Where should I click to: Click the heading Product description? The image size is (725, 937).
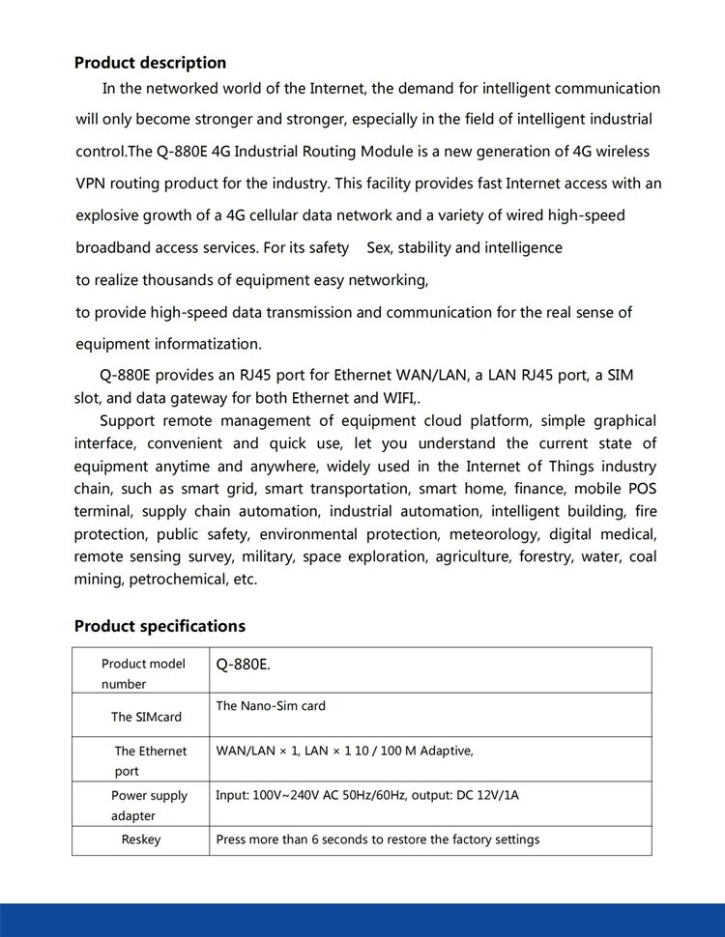pos(150,63)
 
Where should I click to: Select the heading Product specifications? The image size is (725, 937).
pos(159,626)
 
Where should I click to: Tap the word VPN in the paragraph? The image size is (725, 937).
pos(92,184)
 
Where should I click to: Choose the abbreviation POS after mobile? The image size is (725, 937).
pos(642,489)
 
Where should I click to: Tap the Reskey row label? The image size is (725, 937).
pos(141,839)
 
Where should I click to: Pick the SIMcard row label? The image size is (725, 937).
pos(146,717)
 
